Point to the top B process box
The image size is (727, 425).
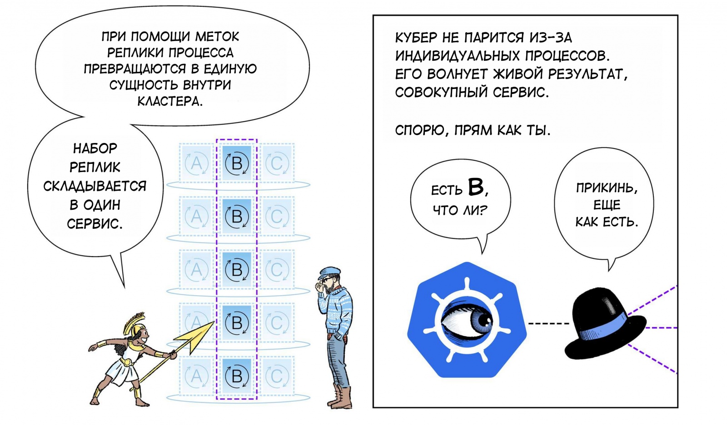point(237,163)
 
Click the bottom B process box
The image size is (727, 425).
point(237,376)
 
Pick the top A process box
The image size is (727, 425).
point(196,163)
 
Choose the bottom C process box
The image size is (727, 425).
point(277,376)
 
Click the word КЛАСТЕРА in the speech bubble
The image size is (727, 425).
point(170,101)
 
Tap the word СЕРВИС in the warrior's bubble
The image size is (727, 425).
point(95,224)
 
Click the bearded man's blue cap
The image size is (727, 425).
point(329,272)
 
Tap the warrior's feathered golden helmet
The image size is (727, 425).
point(135,323)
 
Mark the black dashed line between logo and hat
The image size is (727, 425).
point(549,323)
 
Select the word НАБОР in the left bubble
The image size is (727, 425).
point(95,148)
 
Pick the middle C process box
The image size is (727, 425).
point(277,270)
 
